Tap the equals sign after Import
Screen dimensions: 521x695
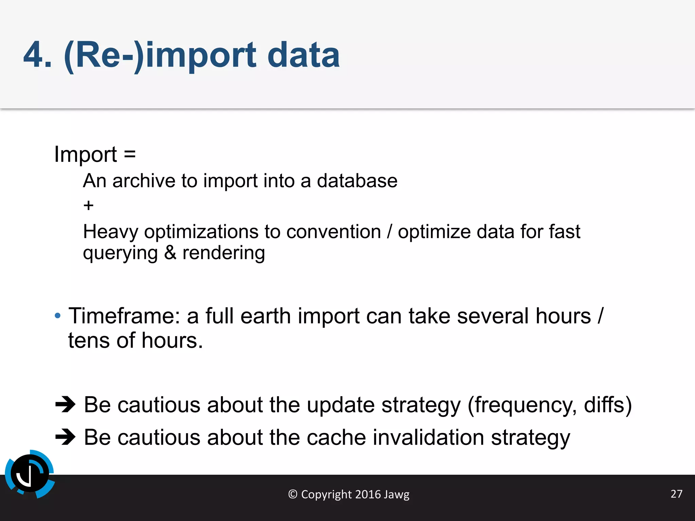tap(130, 154)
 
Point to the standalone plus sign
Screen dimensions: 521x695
tap(88, 206)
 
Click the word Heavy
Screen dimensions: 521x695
tap(111, 232)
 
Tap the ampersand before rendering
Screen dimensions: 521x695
tap(170, 253)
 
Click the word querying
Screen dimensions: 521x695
tap(120, 253)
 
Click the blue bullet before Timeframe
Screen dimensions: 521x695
tap(58, 316)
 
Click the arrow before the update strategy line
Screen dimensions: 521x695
tap(65, 404)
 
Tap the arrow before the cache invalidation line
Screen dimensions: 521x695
tap(65, 437)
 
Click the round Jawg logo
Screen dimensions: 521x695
tap(30, 474)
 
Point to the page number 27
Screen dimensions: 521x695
tap(676, 494)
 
